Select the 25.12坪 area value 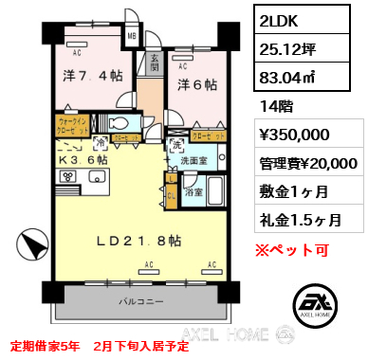coord(289,45)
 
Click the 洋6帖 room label coord(194,84)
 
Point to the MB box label coord(133,39)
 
